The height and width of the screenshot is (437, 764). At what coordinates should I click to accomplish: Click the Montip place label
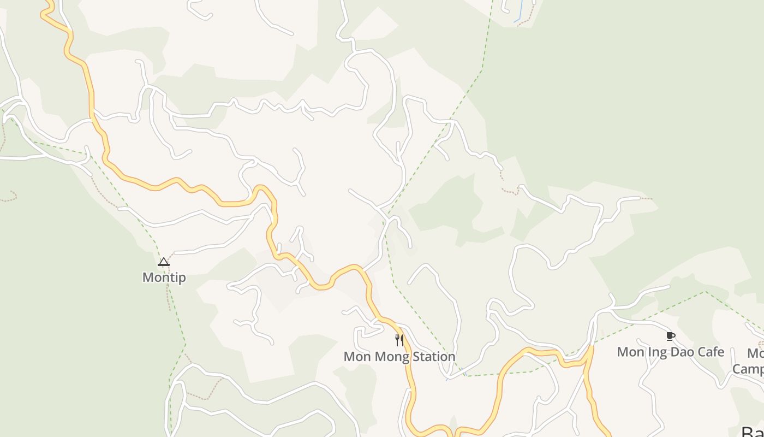tap(164, 277)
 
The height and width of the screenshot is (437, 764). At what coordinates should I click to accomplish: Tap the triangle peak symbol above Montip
tap(164, 262)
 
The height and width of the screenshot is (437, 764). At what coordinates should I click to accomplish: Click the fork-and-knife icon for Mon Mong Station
tap(399, 340)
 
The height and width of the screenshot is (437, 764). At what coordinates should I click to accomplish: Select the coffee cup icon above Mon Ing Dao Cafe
tap(671, 336)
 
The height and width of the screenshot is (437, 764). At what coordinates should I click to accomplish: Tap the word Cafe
tap(711, 352)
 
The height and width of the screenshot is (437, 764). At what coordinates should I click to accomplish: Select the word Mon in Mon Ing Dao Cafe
tap(630, 352)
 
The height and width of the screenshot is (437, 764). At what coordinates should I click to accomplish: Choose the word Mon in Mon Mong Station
tap(355, 357)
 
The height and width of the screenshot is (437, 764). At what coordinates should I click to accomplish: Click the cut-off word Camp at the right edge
tap(748, 369)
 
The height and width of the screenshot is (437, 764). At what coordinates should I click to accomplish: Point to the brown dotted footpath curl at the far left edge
tap(11, 197)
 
